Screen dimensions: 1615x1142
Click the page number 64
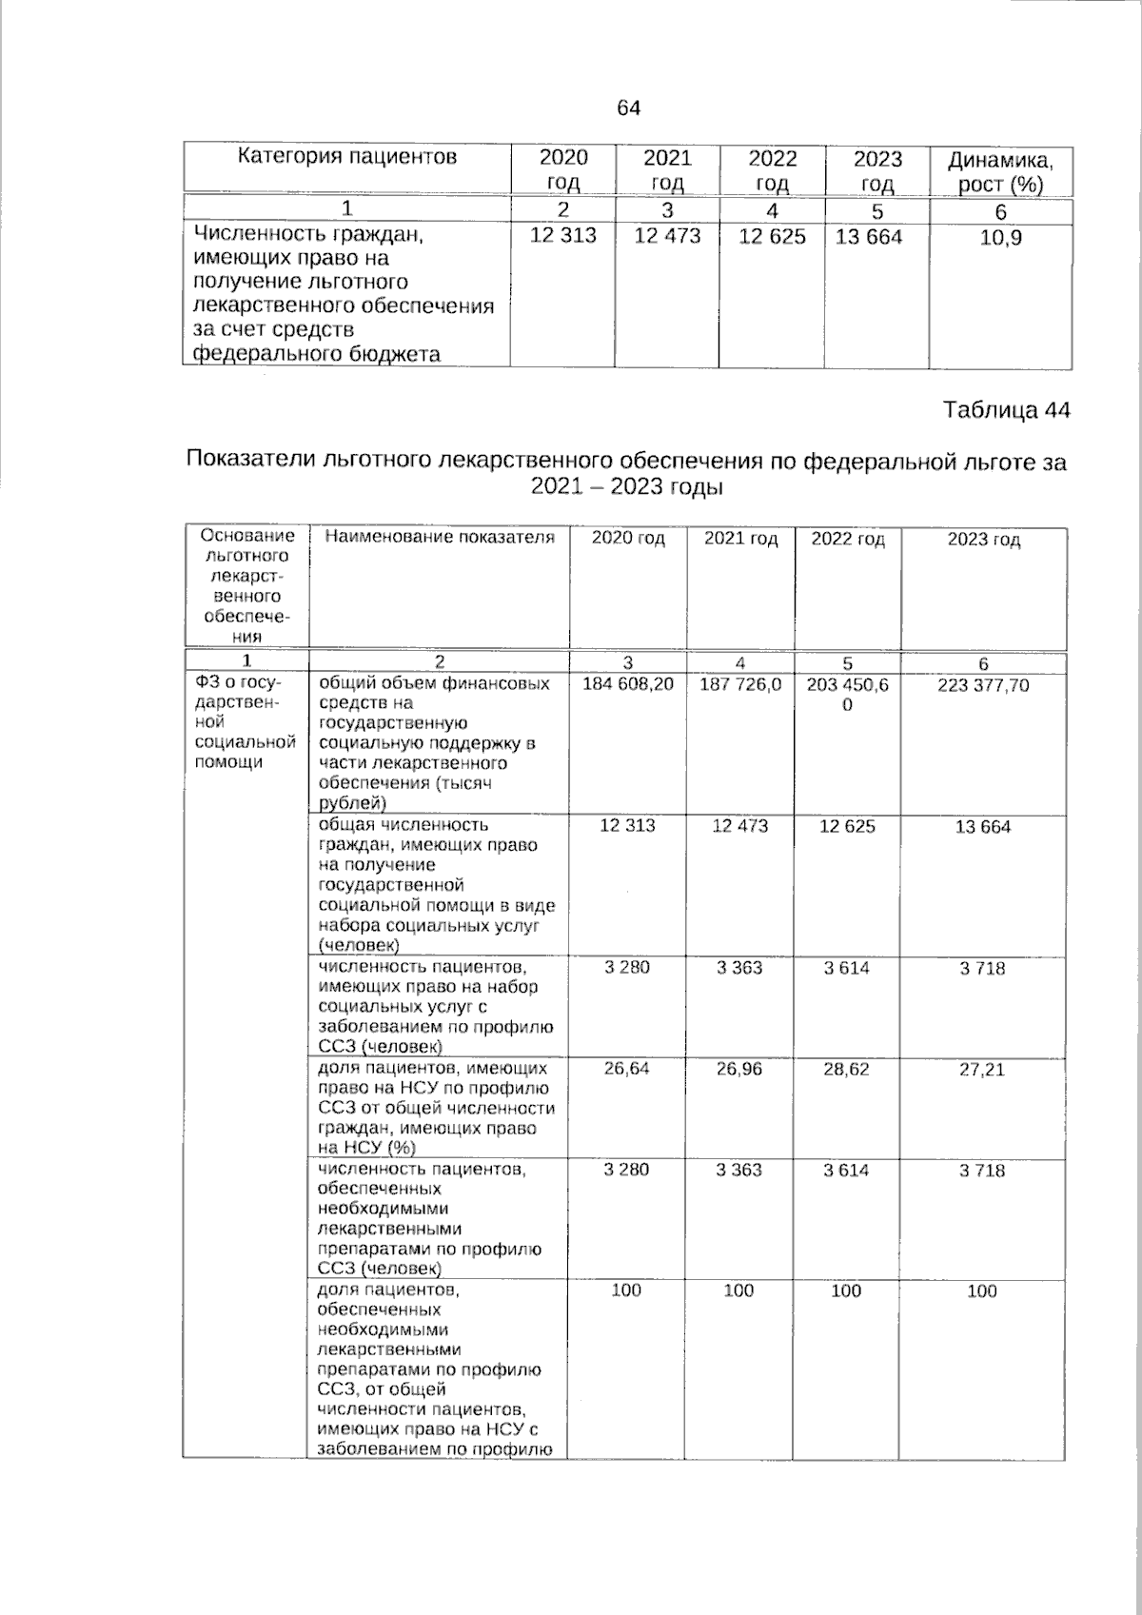629,108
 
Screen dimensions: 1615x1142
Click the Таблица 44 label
1006,410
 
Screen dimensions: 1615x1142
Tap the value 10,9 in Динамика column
1000,238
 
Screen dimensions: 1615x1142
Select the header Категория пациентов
346,157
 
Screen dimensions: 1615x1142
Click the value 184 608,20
627,684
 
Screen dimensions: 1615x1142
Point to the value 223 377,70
982,685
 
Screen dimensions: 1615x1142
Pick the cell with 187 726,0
739,684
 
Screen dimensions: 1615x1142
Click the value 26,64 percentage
626,1069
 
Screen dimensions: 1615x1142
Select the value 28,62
846,1069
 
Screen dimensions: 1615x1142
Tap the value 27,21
982,1070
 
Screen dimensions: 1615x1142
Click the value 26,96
739,1069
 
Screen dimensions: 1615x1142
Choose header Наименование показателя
439,538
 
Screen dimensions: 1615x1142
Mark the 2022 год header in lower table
847,540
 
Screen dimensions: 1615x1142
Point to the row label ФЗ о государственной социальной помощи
245,722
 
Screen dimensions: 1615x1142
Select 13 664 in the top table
868,236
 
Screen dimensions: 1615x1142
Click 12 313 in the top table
562,236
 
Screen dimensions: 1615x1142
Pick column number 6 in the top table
1000,211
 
